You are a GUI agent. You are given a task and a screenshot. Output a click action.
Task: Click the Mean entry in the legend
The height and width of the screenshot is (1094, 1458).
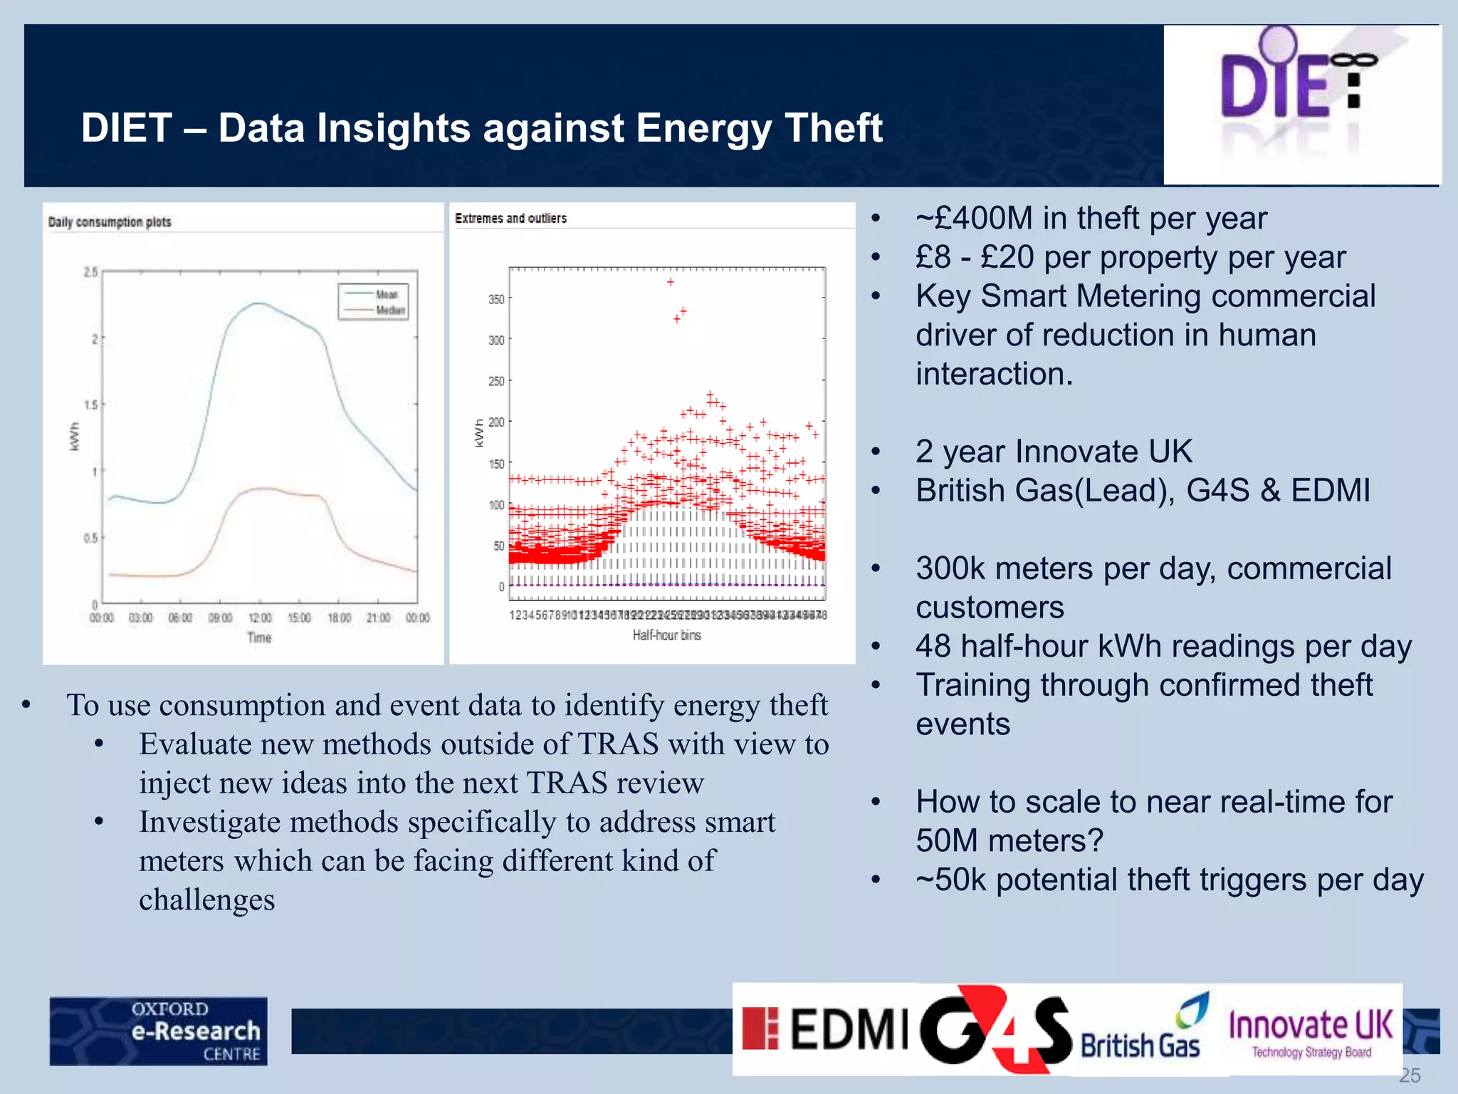[387, 294]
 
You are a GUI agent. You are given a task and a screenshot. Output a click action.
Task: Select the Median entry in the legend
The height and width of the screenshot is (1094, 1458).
[389, 310]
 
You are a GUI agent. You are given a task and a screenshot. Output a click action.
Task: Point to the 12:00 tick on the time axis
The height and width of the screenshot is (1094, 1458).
[260, 618]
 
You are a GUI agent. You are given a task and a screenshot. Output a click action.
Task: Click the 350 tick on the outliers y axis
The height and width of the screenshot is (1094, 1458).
[496, 299]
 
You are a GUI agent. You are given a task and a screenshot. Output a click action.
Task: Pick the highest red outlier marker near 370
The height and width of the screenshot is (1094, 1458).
[671, 282]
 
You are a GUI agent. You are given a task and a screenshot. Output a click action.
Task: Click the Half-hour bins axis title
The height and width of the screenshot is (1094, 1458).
[666, 635]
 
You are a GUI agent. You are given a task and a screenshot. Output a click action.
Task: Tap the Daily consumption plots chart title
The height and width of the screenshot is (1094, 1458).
[110, 222]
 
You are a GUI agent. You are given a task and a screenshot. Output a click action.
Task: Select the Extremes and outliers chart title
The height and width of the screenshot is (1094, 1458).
[510, 219]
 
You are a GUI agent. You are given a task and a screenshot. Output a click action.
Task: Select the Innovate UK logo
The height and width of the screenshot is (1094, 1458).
[1311, 1031]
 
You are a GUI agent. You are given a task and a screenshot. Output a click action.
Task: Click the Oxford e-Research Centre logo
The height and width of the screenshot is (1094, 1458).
[159, 1031]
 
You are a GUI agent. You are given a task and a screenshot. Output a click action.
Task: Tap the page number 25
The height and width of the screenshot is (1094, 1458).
[1410, 1075]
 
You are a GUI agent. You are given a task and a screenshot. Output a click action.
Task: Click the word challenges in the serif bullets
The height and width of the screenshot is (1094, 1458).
[206, 900]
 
